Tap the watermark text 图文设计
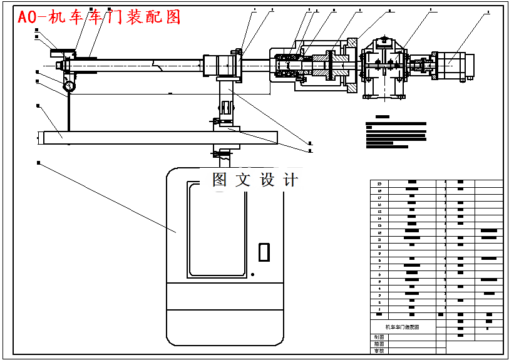255,180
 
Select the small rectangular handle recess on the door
264,251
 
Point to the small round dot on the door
252,274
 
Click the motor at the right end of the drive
459,66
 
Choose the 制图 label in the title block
378,337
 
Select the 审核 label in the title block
378,351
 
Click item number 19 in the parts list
379,183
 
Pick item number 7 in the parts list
379,267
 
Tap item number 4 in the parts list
379,288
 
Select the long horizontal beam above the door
157,137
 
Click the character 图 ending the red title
172,17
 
